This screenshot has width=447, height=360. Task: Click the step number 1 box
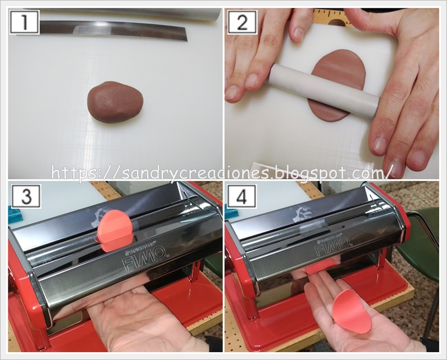tap(24, 22)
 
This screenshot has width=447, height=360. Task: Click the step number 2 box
tap(242, 22)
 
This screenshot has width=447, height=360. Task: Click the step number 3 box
tap(26, 196)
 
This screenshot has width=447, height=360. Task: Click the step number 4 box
tap(242, 196)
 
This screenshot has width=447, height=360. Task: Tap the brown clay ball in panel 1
tap(115, 102)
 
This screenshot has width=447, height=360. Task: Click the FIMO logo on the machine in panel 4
tap(332, 246)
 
